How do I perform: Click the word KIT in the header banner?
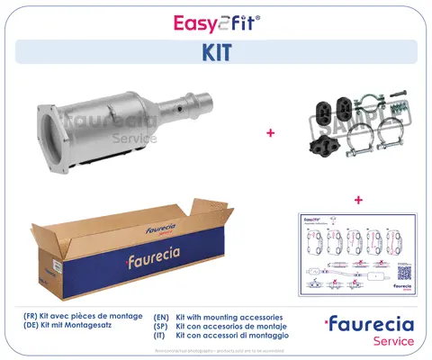pyautogui.click(x=216, y=52)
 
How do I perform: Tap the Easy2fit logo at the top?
pyautogui.click(x=216, y=20)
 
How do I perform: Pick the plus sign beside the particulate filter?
pyautogui.click(x=269, y=133)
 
